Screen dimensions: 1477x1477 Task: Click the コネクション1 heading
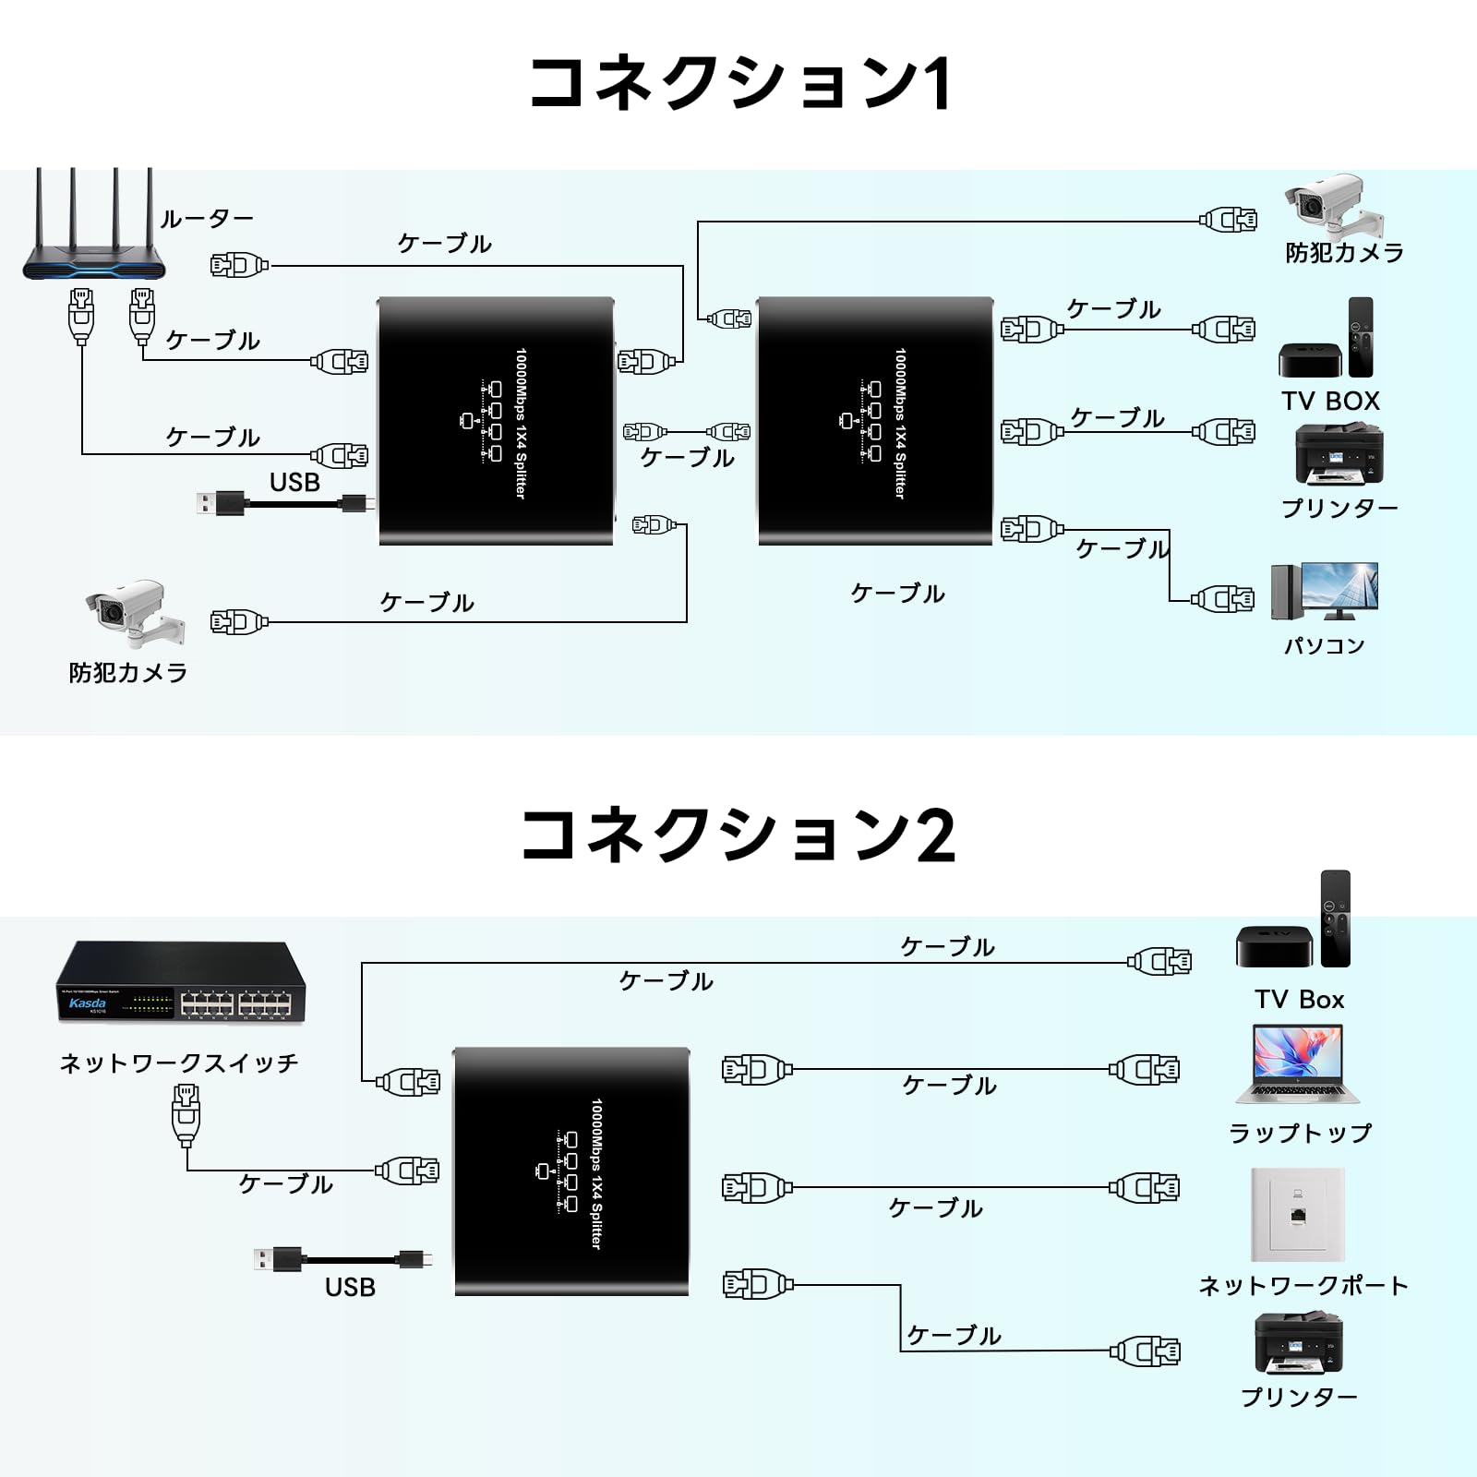click(x=739, y=83)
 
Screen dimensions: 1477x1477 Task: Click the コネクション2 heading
click(x=738, y=835)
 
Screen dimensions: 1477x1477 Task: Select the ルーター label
click(x=207, y=219)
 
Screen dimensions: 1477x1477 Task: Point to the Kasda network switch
click(x=181, y=981)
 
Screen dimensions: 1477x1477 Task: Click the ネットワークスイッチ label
click(x=179, y=1063)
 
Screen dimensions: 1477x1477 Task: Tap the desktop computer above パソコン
click(x=1324, y=591)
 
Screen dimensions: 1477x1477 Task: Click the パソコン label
click(x=1324, y=645)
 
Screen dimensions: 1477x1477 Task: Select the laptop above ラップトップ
click(x=1297, y=1063)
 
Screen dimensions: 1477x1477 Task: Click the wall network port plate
click(x=1297, y=1214)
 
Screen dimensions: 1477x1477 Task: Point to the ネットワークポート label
click(x=1303, y=1285)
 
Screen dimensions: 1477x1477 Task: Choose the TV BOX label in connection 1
click(x=1330, y=401)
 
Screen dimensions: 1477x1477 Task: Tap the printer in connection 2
click(x=1298, y=1343)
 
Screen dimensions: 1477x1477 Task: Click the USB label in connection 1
click(x=294, y=482)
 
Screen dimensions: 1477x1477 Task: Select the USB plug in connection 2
click(x=278, y=1258)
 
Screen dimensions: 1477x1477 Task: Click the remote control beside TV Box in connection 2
click(x=1335, y=919)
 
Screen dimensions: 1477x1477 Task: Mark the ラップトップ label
click(x=1300, y=1133)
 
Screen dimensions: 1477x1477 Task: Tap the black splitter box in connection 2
click(x=571, y=1171)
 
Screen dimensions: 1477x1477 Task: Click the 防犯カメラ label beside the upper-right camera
click(x=1344, y=252)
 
